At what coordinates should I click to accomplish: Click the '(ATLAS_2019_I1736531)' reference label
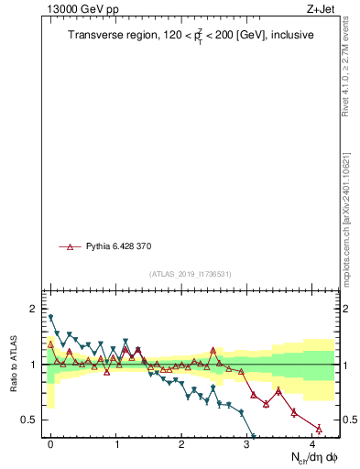pos(191,274)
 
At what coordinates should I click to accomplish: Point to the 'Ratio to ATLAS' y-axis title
pos(15,364)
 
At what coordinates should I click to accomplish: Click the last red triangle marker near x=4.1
pos(319,428)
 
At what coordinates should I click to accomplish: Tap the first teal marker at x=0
pos(50,317)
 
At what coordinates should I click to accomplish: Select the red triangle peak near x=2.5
pos(213,350)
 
